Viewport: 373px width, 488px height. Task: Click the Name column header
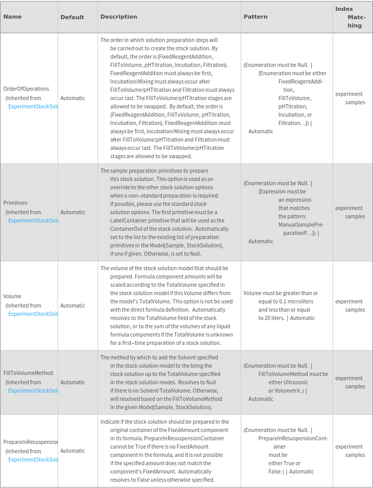pyautogui.click(x=12, y=17)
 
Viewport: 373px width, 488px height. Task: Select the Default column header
pyautogui.click(x=72, y=17)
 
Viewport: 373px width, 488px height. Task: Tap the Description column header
pyautogui.click(x=119, y=17)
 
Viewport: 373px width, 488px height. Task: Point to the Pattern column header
pyautogui.click(x=256, y=17)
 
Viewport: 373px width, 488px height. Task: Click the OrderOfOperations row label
pyautogui.click(x=26, y=89)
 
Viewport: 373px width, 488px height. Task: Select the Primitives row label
pyautogui.click(x=16, y=203)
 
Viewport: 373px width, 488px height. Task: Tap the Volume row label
pyautogui.click(x=12, y=296)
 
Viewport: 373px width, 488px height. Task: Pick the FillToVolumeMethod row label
pyautogui.click(x=28, y=373)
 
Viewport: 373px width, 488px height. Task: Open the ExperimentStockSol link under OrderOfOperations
pyautogui.click(x=33, y=106)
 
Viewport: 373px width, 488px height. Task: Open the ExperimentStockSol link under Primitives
pyautogui.click(x=33, y=220)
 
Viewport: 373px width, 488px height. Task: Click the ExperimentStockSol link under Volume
pyautogui.click(x=33, y=314)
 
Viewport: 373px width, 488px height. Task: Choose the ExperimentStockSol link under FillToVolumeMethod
pyautogui.click(x=33, y=391)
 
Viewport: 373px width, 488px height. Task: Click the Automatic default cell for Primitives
pyautogui.click(x=73, y=212)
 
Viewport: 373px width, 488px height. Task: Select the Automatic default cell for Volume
pyautogui.click(x=73, y=305)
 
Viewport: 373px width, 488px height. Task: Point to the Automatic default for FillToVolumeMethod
pyautogui.click(x=73, y=382)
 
